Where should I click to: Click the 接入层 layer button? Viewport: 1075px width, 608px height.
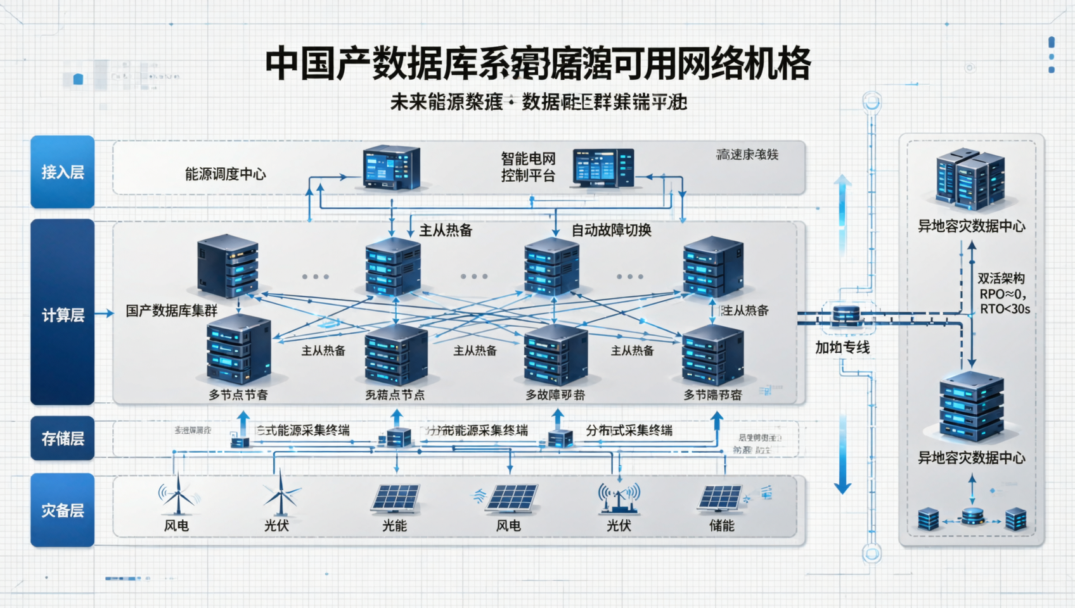pyautogui.click(x=62, y=172)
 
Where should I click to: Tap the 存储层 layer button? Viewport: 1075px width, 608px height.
pyautogui.click(x=62, y=438)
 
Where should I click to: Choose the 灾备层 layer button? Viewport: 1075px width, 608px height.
pyautogui.click(x=62, y=510)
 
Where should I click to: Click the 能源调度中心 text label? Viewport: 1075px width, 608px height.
pyautogui.click(x=225, y=174)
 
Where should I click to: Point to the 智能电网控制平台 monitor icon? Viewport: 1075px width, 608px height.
pyautogui.click(x=603, y=168)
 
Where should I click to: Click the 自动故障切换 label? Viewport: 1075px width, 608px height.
pyautogui.click(x=611, y=231)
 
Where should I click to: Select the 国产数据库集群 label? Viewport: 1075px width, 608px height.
pyautogui.click(x=171, y=311)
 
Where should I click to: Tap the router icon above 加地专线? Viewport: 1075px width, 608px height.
pyautogui.click(x=846, y=315)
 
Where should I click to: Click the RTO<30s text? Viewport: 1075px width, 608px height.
pyautogui.click(x=1005, y=309)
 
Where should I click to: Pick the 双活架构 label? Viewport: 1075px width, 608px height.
pyautogui.click(x=1001, y=278)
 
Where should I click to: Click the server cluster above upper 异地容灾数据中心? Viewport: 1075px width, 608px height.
pyautogui.click(x=969, y=179)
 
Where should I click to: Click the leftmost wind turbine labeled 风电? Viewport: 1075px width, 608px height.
pyautogui.click(x=177, y=495)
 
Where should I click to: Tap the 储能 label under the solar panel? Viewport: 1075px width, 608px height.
pyautogui.click(x=721, y=526)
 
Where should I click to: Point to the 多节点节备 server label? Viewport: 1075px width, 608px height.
pyautogui.click(x=238, y=395)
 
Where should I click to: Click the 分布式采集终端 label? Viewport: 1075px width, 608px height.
pyautogui.click(x=628, y=431)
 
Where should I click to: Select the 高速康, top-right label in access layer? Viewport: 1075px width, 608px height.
pyautogui.click(x=747, y=155)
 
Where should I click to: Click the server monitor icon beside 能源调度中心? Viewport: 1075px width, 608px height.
pyautogui.click(x=391, y=168)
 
